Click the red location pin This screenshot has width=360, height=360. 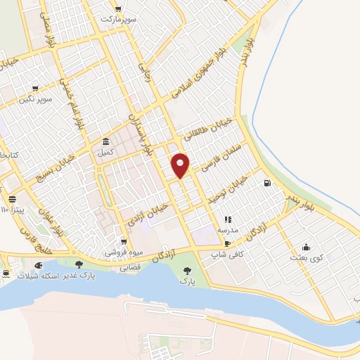(181, 165)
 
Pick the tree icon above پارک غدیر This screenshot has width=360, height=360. (79, 265)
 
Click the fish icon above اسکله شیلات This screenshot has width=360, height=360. (37, 265)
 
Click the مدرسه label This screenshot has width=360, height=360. (227, 230)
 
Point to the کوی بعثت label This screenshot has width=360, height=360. (306, 258)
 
